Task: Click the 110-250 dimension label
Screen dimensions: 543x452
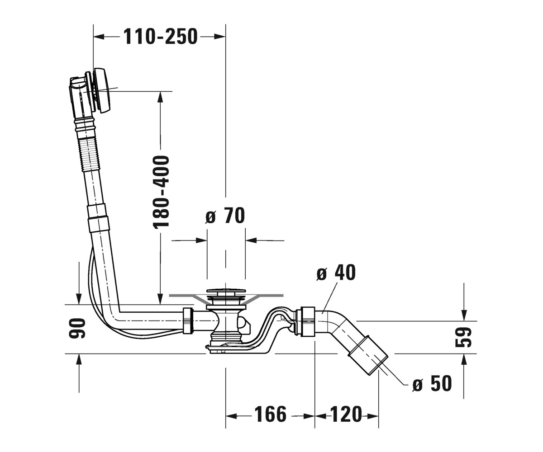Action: (x=160, y=37)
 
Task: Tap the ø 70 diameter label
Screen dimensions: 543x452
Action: (x=225, y=215)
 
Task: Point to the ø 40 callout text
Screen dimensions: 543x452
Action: (x=336, y=273)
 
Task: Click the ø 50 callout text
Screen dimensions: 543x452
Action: (x=432, y=383)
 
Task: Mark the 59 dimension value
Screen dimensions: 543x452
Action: (x=464, y=337)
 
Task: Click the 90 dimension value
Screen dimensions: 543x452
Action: (x=77, y=328)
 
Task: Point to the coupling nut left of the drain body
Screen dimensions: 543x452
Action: (x=188, y=320)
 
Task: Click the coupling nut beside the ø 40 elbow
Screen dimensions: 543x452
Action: (x=307, y=321)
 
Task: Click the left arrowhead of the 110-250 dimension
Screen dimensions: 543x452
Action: (x=99, y=37)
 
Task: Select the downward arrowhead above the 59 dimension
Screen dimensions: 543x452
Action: (x=464, y=315)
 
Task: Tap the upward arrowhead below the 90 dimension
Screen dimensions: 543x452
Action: (x=79, y=359)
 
